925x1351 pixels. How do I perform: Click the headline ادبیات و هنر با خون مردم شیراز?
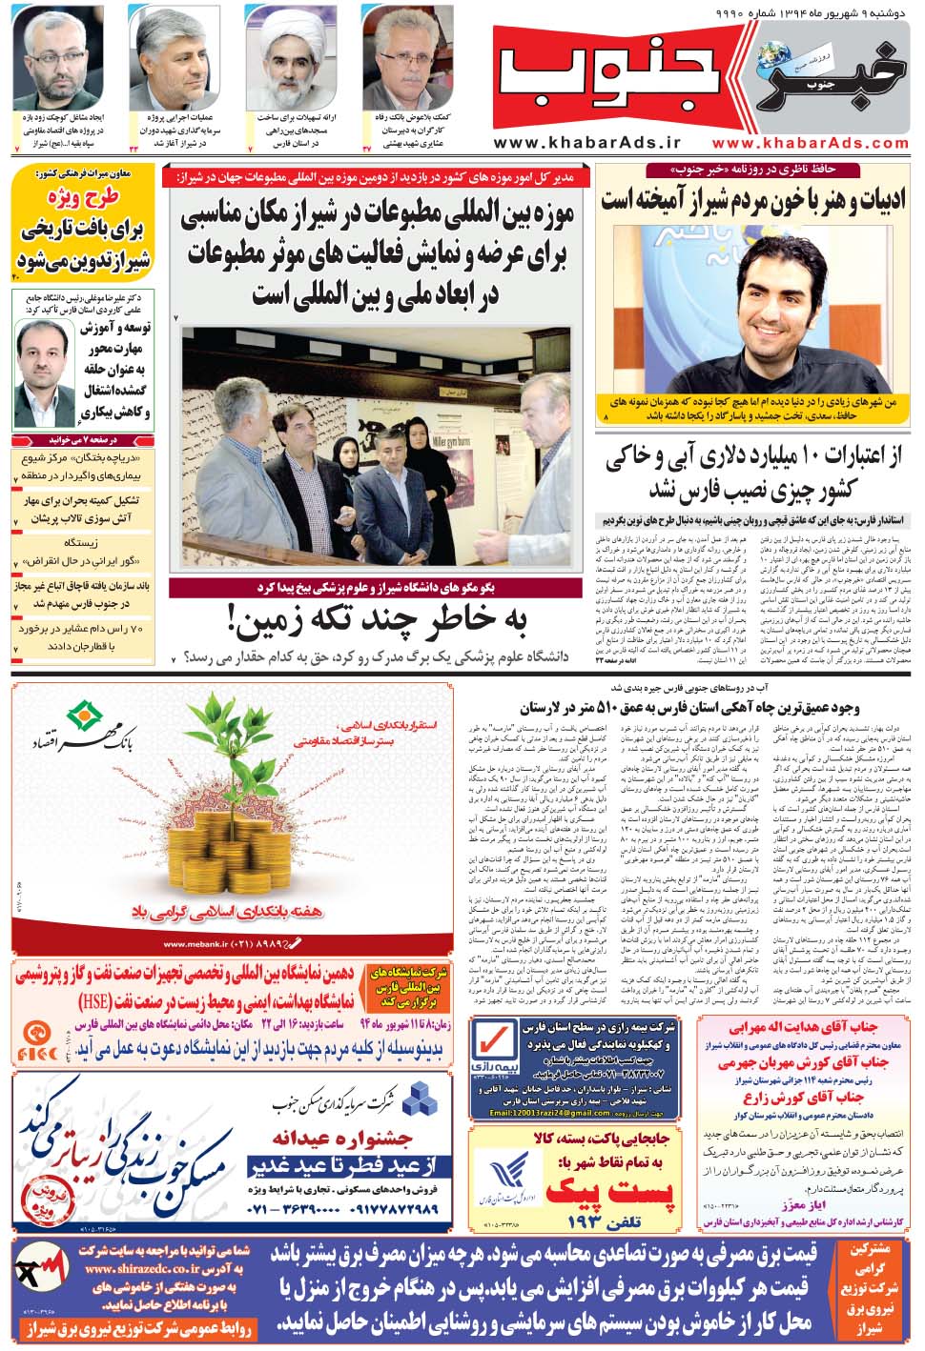point(752,201)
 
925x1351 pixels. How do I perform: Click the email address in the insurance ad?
point(549,1111)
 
